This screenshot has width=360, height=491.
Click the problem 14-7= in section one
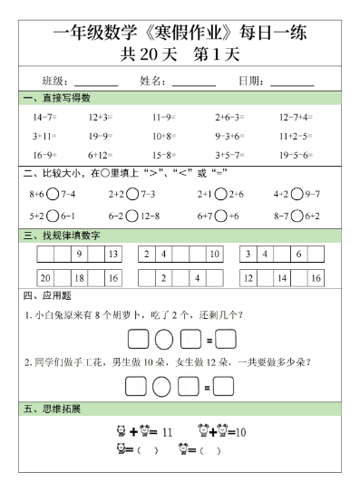(44, 118)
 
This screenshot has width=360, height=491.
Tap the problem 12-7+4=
(295, 118)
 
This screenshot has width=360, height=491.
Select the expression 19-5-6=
(295, 155)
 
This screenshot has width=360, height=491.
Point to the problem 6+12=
(100, 155)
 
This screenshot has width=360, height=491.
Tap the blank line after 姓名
(194, 82)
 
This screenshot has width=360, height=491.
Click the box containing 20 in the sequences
(45, 279)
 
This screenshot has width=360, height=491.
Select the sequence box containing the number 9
(80, 255)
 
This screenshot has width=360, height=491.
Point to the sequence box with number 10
(214, 255)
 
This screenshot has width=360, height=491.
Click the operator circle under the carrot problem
(163, 341)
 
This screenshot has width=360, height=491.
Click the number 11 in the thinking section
(167, 432)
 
